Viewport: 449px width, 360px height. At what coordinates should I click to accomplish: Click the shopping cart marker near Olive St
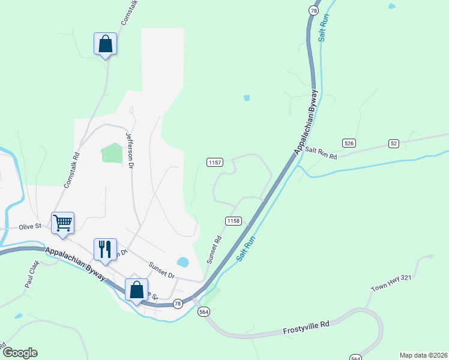pyautogui.click(x=63, y=223)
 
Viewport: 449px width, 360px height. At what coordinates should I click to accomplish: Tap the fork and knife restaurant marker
pyautogui.click(x=105, y=249)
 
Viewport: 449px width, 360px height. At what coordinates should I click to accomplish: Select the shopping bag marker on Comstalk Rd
pyautogui.click(x=105, y=44)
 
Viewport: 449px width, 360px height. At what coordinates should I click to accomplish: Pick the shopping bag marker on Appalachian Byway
pyautogui.click(x=137, y=289)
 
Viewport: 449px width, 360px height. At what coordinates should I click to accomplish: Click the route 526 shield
pyautogui.click(x=349, y=143)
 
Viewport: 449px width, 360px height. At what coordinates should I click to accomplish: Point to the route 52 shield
pyautogui.click(x=394, y=143)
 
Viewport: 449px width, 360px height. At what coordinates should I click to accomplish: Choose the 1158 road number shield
pyautogui.click(x=234, y=221)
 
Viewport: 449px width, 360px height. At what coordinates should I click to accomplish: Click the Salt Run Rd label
pyautogui.click(x=321, y=153)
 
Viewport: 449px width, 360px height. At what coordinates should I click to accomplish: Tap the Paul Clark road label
pyautogui.click(x=32, y=274)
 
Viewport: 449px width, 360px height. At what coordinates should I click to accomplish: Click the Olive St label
pyautogui.click(x=29, y=226)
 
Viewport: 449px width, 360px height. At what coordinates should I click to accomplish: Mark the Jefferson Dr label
pyautogui.click(x=128, y=149)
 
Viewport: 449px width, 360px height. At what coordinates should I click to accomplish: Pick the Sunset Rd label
pyautogui.click(x=214, y=250)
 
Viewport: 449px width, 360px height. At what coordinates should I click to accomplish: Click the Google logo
pyautogui.click(x=20, y=353)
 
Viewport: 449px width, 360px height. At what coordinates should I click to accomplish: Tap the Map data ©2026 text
pyautogui.click(x=423, y=355)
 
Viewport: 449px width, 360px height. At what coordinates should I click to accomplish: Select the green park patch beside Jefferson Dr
pyautogui.click(x=112, y=152)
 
